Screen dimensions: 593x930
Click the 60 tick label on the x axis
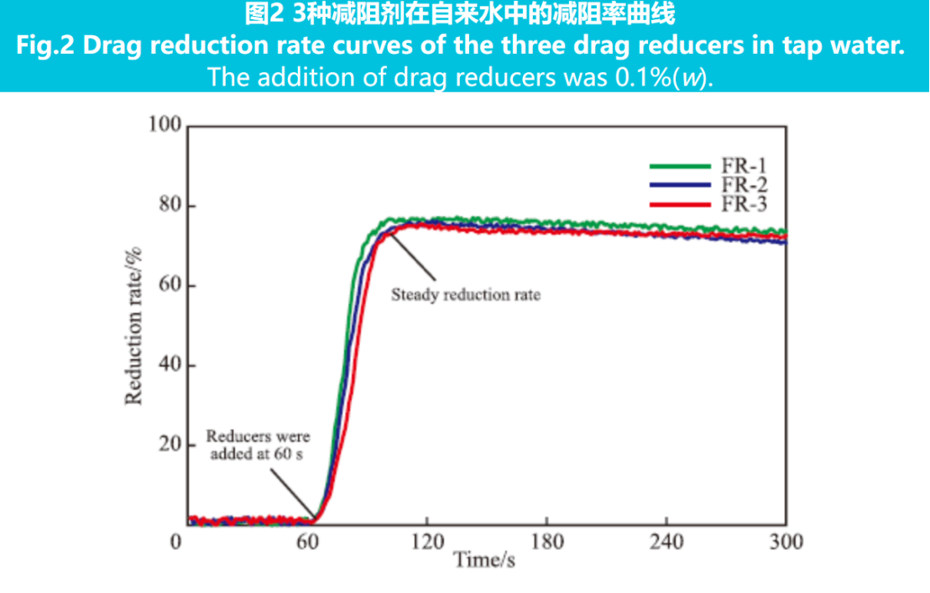307,542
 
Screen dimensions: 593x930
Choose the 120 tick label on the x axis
427,542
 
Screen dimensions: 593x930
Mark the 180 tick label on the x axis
547,542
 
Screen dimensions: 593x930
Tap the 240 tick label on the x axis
667,542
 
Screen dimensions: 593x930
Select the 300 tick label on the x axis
786,542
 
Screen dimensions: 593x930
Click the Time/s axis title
484,560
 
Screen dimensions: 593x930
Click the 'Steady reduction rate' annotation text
466,295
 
